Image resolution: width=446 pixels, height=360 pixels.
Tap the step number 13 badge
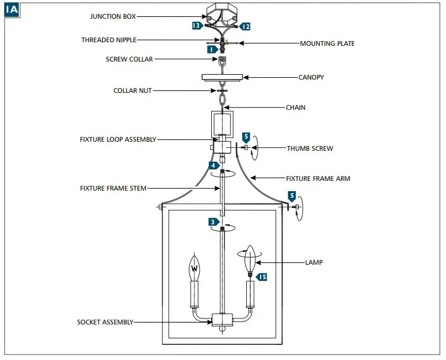click(x=197, y=26)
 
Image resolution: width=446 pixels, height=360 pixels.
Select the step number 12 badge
click(x=244, y=27)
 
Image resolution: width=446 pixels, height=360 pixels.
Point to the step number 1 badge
click(x=211, y=50)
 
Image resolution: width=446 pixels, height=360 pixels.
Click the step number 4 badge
click(x=214, y=165)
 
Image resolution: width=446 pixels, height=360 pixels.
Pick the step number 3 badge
click(x=214, y=222)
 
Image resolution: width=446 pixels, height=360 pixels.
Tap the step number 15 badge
click(x=262, y=277)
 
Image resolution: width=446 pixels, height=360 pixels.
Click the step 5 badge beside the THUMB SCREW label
click(x=246, y=137)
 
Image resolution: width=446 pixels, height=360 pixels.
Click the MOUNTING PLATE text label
click(x=327, y=43)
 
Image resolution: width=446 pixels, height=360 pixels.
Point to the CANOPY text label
click(x=311, y=77)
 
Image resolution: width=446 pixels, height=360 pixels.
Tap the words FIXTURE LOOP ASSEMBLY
click(x=118, y=139)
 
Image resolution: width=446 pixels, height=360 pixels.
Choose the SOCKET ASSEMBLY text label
click(x=105, y=322)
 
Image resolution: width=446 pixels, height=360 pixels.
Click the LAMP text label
click(x=314, y=262)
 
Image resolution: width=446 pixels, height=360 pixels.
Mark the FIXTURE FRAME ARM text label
click(x=317, y=178)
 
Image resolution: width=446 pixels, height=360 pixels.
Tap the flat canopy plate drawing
click(x=222, y=77)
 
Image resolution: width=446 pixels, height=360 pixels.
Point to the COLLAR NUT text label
click(x=133, y=90)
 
